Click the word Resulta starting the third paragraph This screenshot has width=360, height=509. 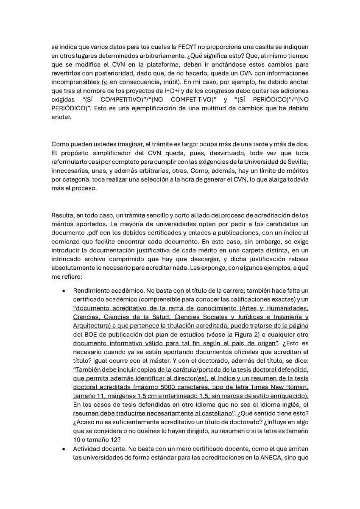coord(62,216)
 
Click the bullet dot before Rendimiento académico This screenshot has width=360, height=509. coord(63,292)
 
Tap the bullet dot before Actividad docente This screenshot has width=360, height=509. coord(63,448)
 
